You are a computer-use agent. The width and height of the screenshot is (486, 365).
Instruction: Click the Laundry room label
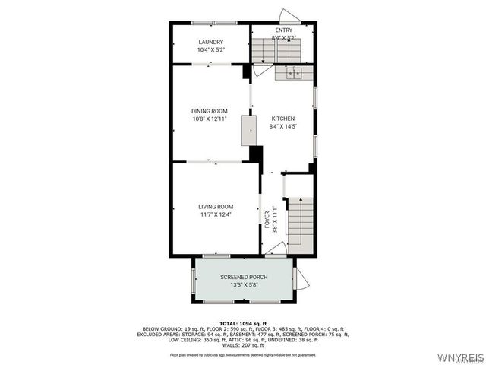[x=210, y=42]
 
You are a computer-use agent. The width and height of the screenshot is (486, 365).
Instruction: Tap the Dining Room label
[x=209, y=111]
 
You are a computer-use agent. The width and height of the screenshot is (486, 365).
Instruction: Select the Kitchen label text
[x=283, y=119]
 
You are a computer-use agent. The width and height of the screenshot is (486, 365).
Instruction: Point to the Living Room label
[x=216, y=207]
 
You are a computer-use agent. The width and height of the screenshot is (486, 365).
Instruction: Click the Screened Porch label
[x=244, y=277]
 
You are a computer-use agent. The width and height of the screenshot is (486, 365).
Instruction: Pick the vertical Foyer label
[x=267, y=221]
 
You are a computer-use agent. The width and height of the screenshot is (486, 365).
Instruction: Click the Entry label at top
[x=284, y=30]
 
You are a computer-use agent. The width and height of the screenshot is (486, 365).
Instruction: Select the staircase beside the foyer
[x=300, y=224]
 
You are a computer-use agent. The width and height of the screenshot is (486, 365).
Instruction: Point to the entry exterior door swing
[x=289, y=15]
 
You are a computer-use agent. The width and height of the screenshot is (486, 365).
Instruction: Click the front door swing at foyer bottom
[x=276, y=249]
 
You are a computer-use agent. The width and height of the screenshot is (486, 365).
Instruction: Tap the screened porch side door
[x=301, y=279]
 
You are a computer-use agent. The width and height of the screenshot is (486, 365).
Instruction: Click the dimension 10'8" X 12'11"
[x=209, y=119]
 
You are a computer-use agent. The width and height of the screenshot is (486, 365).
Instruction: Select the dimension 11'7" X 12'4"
[x=216, y=214]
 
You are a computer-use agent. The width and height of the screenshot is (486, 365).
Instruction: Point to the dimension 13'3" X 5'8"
[x=244, y=285]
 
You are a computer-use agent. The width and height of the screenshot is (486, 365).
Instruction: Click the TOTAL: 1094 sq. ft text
[x=243, y=324]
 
